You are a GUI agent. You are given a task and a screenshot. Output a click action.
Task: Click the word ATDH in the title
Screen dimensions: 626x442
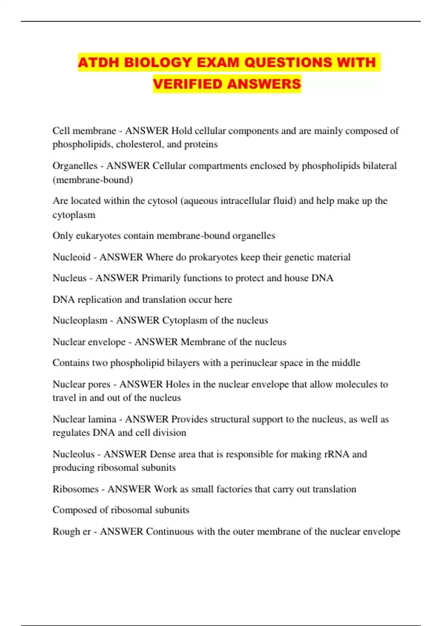tap(98, 63)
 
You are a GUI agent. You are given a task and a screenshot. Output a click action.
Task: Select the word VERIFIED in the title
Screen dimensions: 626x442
tap(188, 84)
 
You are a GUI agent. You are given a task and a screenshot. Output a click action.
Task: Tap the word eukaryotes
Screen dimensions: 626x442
tap(98, 236)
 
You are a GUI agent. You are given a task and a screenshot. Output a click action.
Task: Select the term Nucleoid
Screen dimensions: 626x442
tap(71, 257)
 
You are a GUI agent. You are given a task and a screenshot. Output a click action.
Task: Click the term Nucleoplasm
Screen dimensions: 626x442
tap(80, 320)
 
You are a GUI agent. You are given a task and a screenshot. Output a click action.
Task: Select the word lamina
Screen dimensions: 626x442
tap(102, 419)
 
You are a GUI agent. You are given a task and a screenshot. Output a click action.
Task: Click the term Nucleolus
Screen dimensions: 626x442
tap(74, 454)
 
